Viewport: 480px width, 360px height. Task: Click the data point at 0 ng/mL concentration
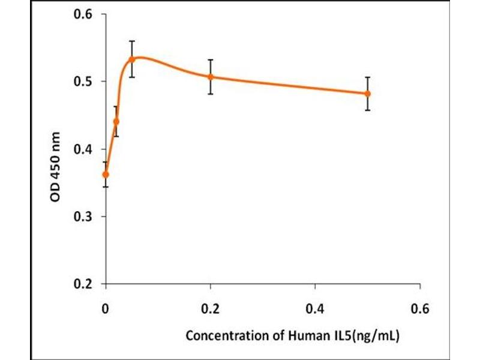106,175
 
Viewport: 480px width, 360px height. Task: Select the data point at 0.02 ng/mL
116,121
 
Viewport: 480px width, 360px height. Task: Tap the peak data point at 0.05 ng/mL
132,59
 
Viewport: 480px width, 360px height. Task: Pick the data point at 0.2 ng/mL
211,77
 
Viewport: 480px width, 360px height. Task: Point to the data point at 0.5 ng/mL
368,94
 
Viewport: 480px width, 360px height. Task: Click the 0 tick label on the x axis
106,310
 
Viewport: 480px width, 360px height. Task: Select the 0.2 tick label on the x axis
211,310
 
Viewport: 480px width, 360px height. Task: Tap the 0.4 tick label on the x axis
316,310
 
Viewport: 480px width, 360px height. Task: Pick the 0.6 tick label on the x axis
420,310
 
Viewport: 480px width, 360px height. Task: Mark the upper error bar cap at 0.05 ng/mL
132,41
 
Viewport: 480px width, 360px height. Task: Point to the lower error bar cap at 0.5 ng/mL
368,110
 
